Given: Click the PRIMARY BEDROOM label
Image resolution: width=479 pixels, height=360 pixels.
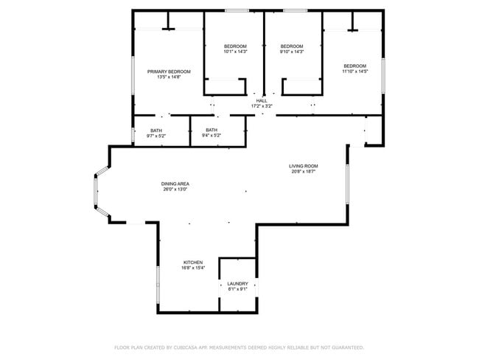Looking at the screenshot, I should click(x=169, y=72).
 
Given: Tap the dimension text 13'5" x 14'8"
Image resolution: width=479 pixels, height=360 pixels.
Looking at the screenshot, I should click(x=169, y=77).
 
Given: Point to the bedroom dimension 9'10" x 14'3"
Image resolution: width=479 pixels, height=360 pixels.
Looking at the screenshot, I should click(x=292, y=52).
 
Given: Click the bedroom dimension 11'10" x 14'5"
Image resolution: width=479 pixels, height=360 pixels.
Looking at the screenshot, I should click(x=354, y=72).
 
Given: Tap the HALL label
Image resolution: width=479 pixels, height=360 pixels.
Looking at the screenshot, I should click(x=262, y=100).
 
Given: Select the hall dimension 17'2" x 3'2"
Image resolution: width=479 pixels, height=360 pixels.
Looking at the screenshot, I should click(x=262, y=106).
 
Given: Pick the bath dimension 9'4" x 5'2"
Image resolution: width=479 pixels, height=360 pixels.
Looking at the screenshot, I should click(x=211, y=136).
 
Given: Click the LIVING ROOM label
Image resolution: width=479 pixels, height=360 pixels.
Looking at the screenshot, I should click(x=303, y=166).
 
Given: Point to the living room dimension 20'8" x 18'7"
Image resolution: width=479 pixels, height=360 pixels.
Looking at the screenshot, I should click(x=303, y=172).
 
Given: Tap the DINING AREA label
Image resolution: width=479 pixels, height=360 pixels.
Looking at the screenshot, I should click(x=175, y=184).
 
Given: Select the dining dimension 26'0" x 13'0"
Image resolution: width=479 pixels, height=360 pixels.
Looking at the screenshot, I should click(x=175, y=190).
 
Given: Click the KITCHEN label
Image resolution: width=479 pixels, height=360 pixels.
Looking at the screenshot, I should click(x=193, y=262).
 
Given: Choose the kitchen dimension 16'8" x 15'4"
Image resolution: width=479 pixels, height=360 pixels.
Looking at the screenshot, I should click(x=193, y=268).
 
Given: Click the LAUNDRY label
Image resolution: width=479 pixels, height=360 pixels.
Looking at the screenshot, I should click(x=237, y=283).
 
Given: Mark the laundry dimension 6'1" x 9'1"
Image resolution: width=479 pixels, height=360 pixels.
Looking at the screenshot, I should click(x=237, y=289).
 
